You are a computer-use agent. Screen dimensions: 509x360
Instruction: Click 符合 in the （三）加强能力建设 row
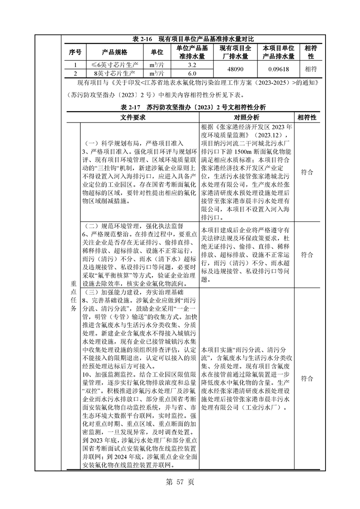click(x=307, y=378)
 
